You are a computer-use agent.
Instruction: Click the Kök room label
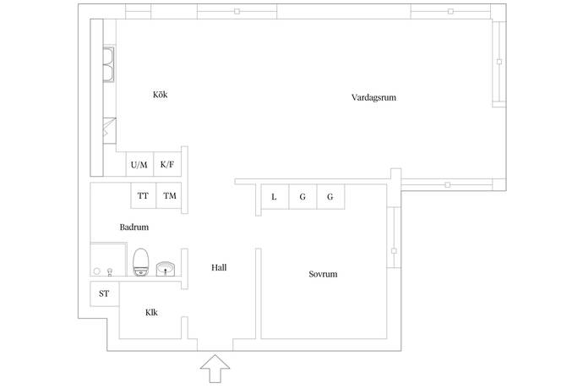click(x=161, y=95)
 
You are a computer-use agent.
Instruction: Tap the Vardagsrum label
click(x=373, y=97)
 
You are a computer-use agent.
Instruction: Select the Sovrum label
click(x=323, y=274)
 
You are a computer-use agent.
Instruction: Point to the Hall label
click(x=219, y=267)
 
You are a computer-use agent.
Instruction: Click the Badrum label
click(x=134, y=227)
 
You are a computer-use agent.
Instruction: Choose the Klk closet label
click(x=151, y=312)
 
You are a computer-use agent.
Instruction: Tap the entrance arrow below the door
click(x=215, y=369)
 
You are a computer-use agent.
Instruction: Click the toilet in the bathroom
click(x=141, y=262)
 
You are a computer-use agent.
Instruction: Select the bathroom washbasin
click(x=166, y=269)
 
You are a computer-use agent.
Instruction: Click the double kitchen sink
click(x=108, y=64)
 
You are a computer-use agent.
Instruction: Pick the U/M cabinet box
click(x=139, y=164)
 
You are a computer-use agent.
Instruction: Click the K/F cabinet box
click(x=167, y=164)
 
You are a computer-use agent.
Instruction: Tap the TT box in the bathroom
click(x=143, y=195)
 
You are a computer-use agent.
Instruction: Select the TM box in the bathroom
click(x=169, y=195)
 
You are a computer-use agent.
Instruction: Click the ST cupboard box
click(x=105, y=293)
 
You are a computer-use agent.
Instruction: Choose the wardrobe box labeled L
click(x=275, y=196)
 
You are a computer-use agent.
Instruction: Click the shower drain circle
click(x=97, y=271)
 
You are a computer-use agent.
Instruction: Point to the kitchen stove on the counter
click(x=109, y=131)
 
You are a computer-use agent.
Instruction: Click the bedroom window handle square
click(x=394, y=251)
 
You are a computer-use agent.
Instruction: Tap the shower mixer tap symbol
click(x=110, y=272)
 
